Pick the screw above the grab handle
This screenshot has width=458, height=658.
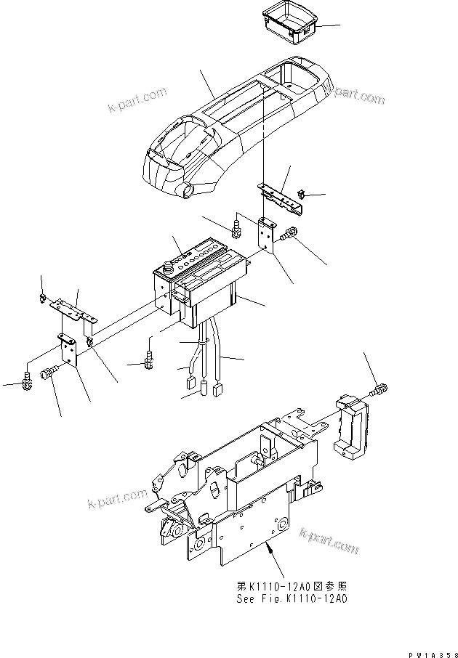(x=379, y=389)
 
